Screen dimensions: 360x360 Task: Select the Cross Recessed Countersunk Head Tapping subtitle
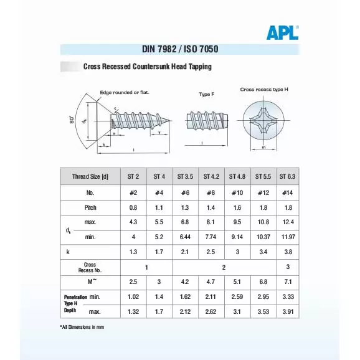[148, 67]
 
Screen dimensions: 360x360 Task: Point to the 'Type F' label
[206, 94]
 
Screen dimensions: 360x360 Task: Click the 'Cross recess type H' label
[264, 90]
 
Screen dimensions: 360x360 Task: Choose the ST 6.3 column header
[287, 176]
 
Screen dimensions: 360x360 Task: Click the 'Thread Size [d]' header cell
[90, 176]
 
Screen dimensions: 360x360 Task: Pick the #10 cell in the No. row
[237, 192]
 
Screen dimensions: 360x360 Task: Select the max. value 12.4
[287, 222]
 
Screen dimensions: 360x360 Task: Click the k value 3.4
[262, 252]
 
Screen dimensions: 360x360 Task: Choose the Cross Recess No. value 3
[287, 267]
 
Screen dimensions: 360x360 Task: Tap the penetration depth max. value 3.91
[287, 311]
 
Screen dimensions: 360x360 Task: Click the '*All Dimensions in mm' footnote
[82, 327]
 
